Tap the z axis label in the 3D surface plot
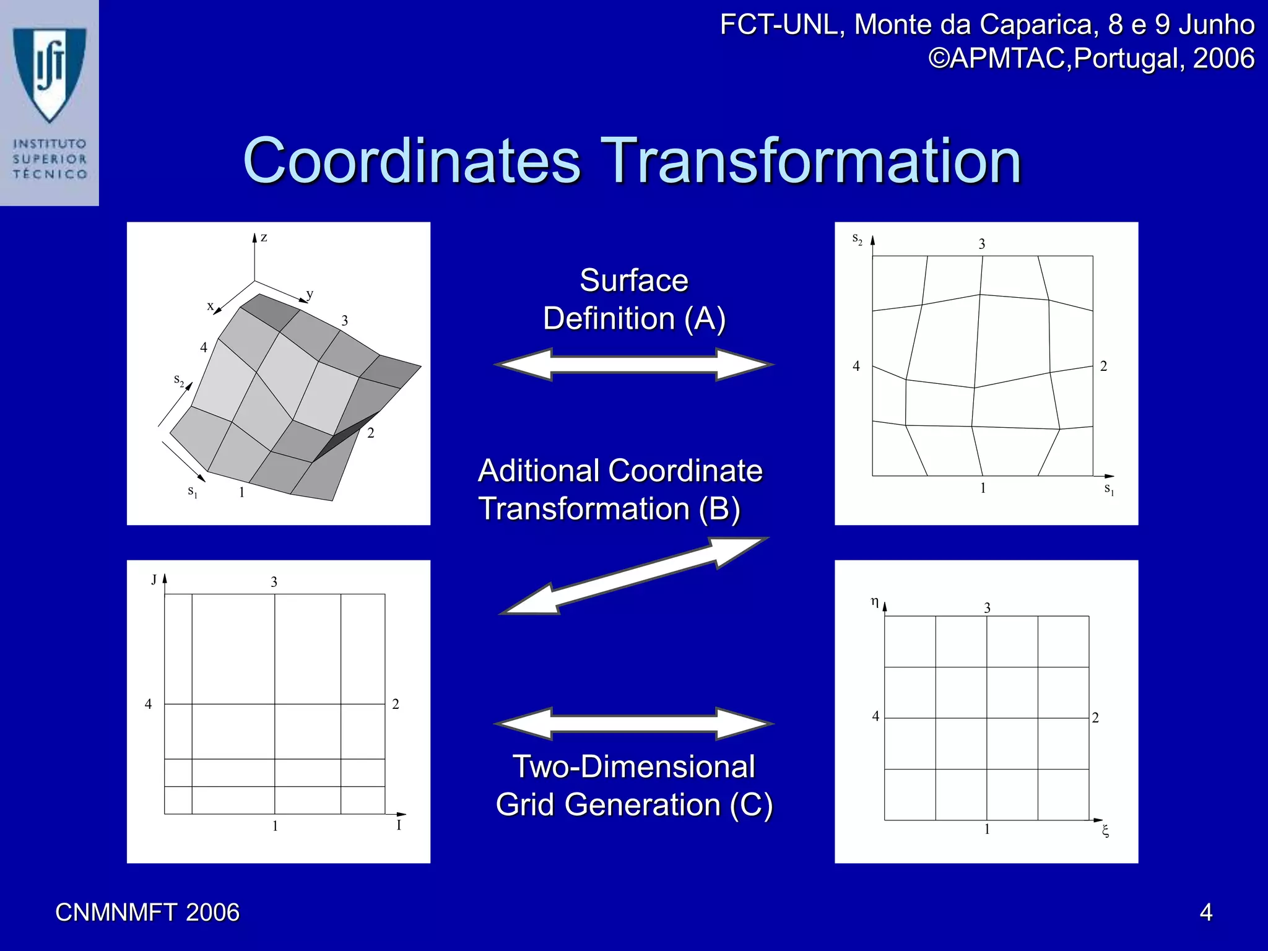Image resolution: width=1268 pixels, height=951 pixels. point(264,237)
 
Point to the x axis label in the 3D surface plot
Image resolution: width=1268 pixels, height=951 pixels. point(211,306)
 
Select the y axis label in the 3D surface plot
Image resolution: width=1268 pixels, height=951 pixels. point(310,294)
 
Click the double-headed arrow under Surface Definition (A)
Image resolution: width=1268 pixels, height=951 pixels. point(634,365)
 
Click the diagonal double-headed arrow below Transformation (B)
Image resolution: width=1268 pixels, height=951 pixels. point(634,576)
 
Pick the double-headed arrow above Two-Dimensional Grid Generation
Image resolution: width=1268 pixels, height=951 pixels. point(634,723)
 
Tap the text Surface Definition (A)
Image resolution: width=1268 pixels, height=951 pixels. point(634,300)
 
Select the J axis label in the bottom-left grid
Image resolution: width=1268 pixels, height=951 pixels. point(154,580)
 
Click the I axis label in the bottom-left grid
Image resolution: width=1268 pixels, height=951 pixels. point(399,825)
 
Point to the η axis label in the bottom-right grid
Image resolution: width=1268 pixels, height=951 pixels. point(874,601)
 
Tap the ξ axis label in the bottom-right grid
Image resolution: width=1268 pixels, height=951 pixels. point(1105,831)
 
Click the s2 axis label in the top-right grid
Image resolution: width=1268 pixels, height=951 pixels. point(858,238)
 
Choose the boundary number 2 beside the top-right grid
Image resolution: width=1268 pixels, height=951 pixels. point(1103,367)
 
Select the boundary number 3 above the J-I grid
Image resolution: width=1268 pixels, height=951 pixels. point(274,582)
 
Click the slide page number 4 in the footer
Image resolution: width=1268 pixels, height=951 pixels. point(1205,913)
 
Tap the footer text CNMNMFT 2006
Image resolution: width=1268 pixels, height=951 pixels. point(147,913)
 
